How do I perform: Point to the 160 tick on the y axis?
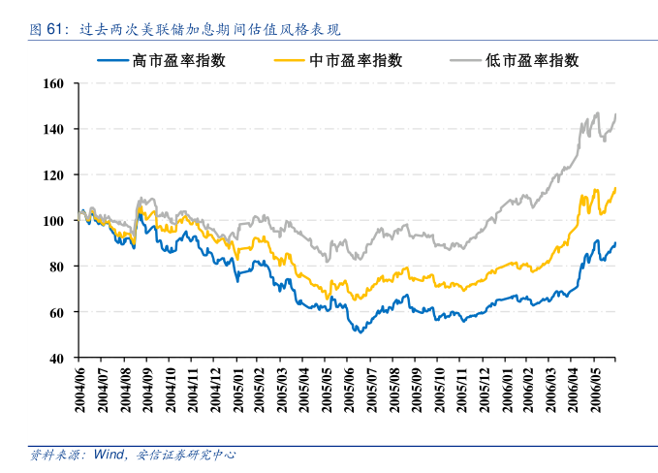point(54,83)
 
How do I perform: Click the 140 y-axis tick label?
point(54,129)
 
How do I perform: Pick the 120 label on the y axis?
point(54,175)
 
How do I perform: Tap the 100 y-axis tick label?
point(54,221)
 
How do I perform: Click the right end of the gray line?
point(615,114)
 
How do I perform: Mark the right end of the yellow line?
point(615,188)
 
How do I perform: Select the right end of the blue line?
point(615,242)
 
